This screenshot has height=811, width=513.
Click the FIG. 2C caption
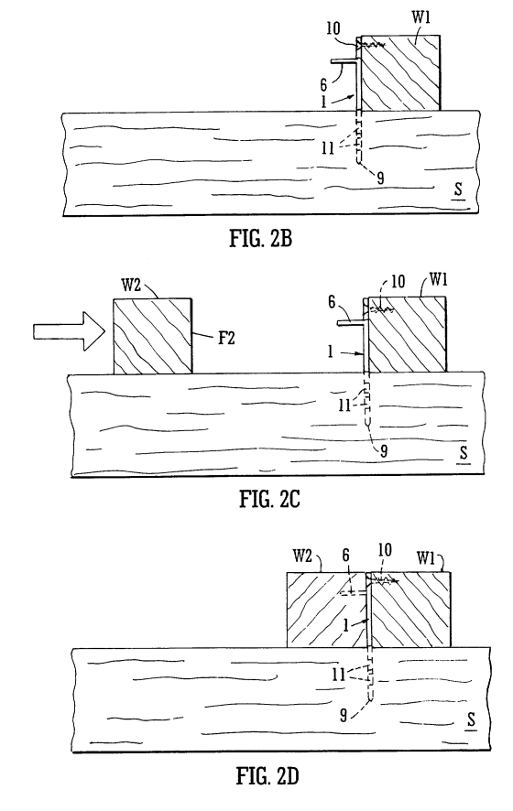click(x=269, y=499)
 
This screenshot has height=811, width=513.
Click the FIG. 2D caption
click(x=268, y=776)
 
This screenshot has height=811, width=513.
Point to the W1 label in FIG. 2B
click(x=421, y=17)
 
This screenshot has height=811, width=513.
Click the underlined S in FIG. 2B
click(x=458, y=190)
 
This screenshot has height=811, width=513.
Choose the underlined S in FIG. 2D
click(x=471, y=719)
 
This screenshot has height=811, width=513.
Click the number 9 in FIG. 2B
click(x=380, y=178)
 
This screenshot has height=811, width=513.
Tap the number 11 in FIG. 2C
click(x=344, y=405)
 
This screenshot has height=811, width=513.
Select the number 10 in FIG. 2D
click(x=385, y=549)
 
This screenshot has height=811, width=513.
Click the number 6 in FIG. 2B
click(x=323, y=85)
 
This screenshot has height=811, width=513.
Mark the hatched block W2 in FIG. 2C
click(x=153, y=336)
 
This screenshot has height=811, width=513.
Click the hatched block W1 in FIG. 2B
click(x=400, y=73)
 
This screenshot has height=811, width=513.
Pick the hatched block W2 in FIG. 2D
click(x=327, y=610)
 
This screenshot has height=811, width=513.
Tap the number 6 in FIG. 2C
click(x=332, y=303)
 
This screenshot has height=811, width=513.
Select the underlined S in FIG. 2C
click(x=464, y=454)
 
